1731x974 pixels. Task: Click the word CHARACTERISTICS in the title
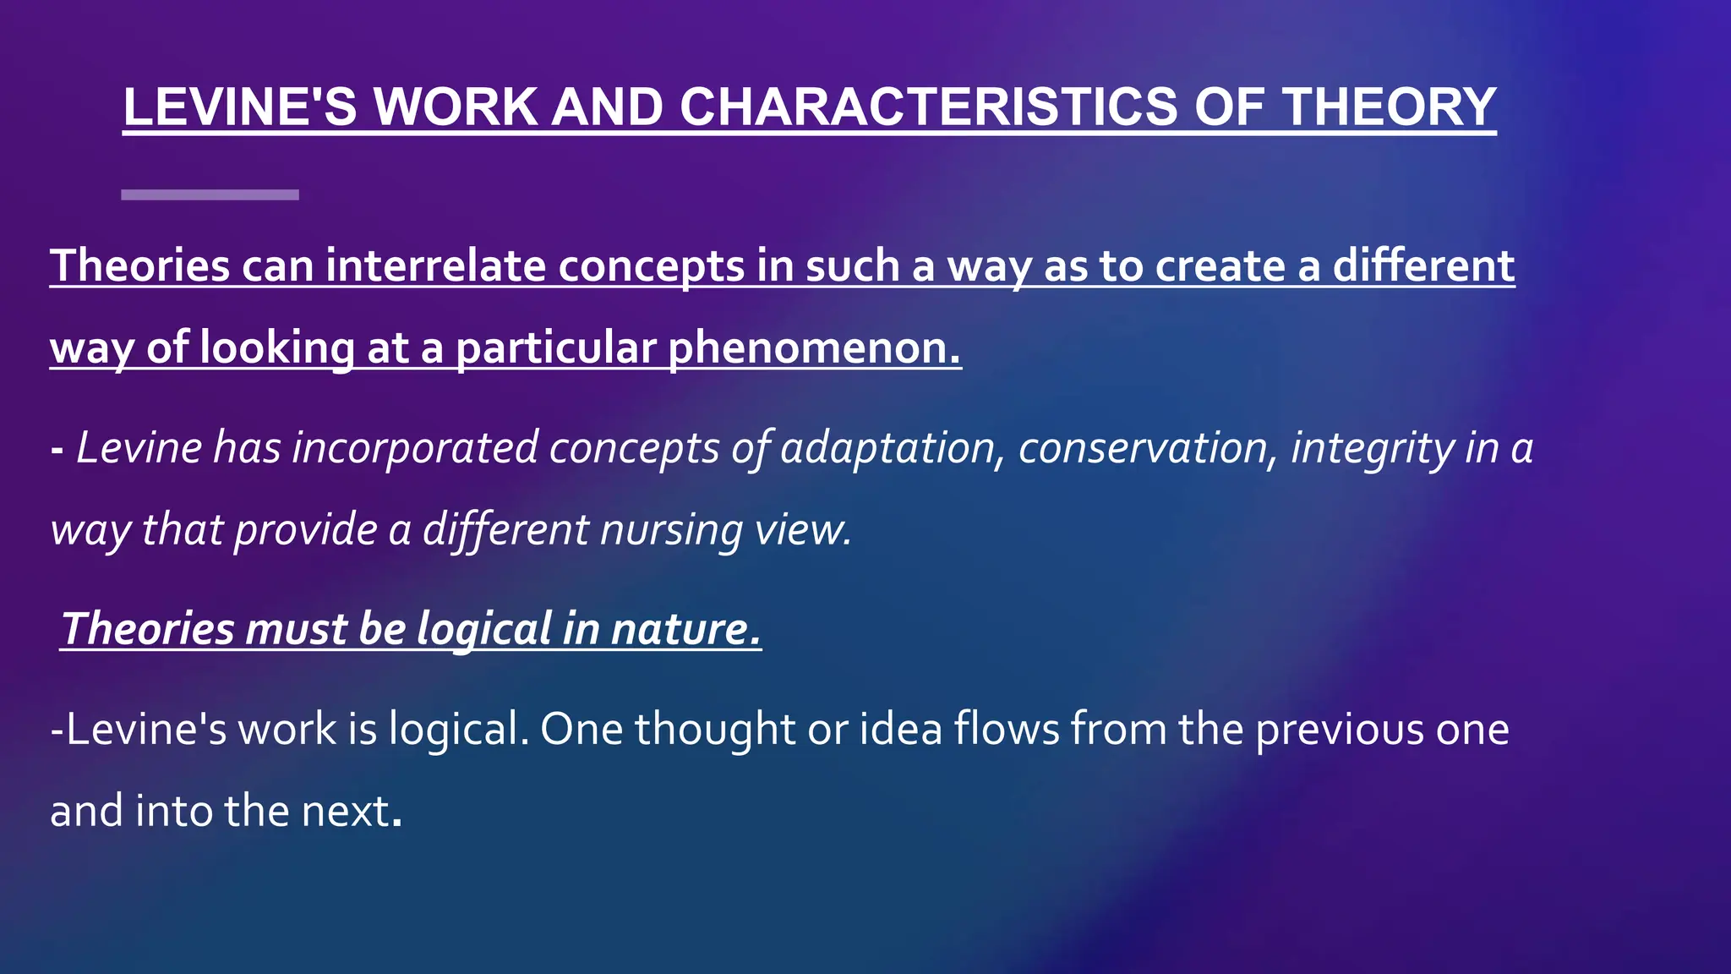point(927,107)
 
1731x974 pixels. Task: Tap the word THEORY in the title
point(1389,107)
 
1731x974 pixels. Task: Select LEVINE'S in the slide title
point(240,107)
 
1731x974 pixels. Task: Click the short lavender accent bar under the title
point(210,194)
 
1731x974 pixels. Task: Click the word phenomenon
point(814,348)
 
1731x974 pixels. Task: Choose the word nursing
point(671,531)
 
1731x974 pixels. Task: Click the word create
point(1220,266)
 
